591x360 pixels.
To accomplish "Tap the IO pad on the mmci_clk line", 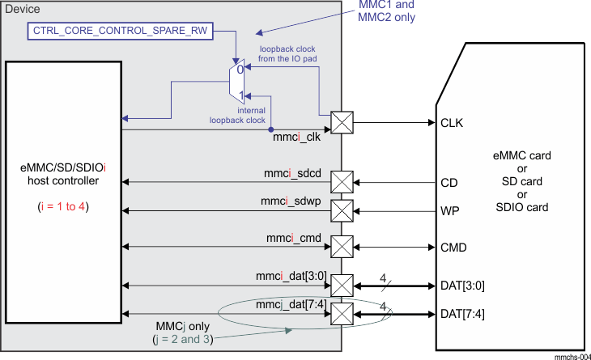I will click(342, 124).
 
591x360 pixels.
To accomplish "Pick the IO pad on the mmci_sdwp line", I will click(342, 211).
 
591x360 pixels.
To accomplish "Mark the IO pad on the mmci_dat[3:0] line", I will click(342, 286).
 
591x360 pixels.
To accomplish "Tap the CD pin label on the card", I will click(449, 183).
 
